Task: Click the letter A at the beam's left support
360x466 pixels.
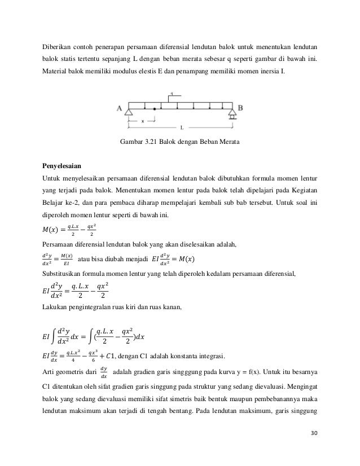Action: click(120, 107)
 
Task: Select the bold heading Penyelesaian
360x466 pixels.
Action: click(62, 167)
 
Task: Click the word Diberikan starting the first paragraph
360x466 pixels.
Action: click(56, 45)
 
